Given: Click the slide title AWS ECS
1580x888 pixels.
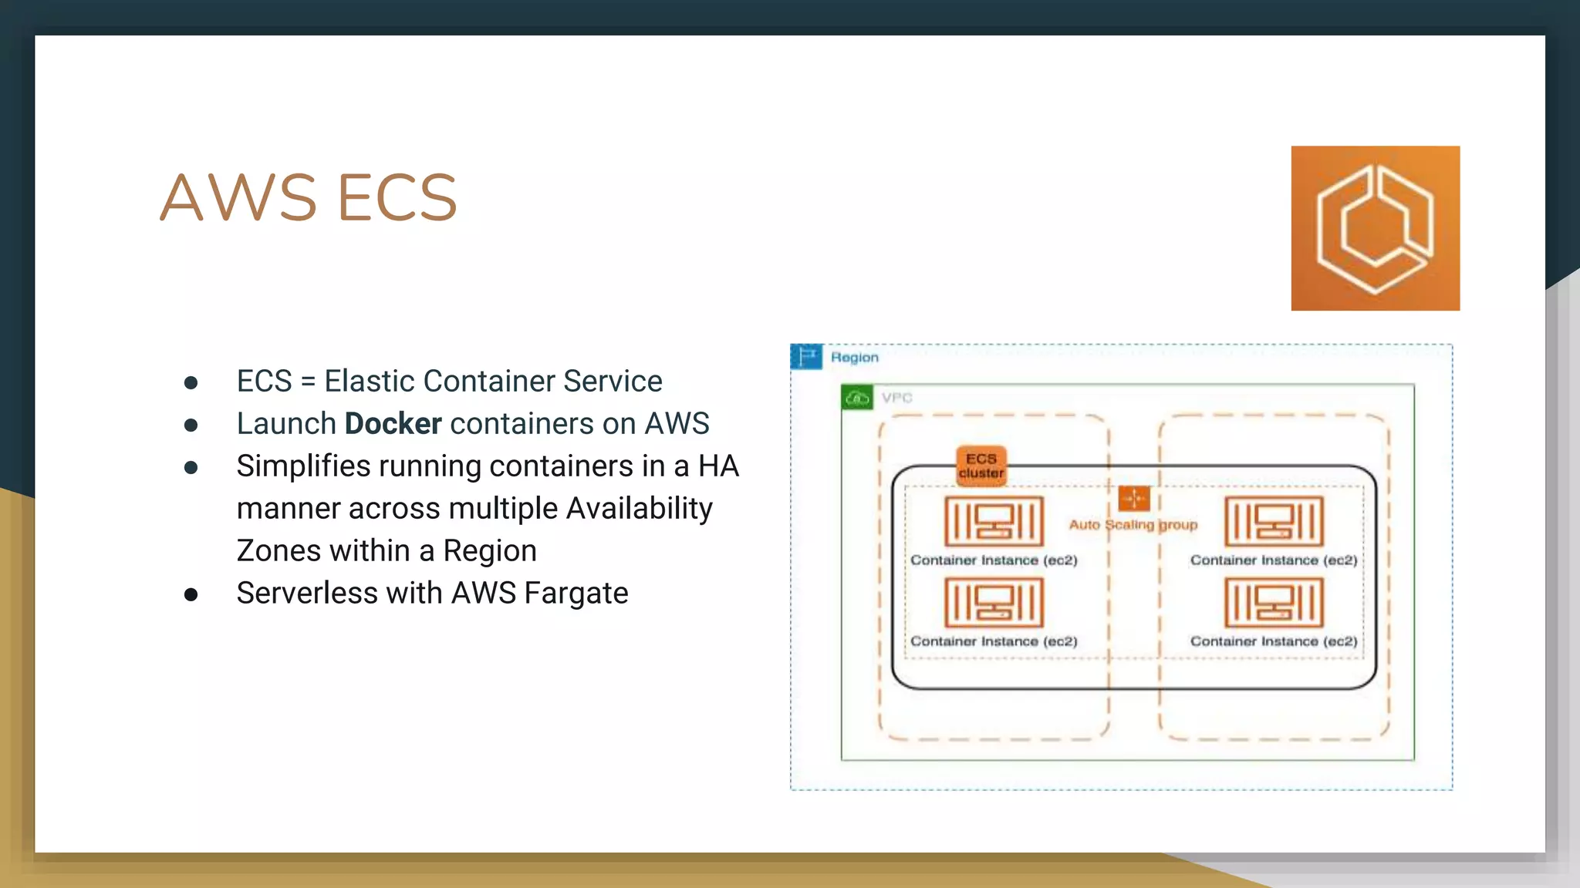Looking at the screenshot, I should pos(309,198).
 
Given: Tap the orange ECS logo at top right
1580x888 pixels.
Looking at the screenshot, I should pos(1375,228).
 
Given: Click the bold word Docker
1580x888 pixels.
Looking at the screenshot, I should pos(393,424).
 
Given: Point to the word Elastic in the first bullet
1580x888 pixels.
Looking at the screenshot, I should pos(369,382).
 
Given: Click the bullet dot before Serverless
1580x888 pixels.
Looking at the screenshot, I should pos(191,594).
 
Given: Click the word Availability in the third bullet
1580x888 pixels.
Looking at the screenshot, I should pos(639,509).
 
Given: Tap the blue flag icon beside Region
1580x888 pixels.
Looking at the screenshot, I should pos(806,357).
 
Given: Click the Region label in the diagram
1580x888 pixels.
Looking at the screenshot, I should pos(854,358).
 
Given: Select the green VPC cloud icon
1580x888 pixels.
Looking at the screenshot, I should pos(857,398).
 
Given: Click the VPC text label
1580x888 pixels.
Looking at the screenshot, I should pos(896,398).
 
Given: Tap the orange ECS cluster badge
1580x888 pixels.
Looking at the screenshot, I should pos(981,466).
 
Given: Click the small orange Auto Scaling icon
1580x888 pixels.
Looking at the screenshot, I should pos(1133,499).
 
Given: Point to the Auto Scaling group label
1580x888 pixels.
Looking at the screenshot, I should pos(1133,525).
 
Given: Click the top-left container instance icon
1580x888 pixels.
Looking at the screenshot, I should pos(994,521).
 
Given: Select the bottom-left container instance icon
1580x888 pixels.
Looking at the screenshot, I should pos(994,602).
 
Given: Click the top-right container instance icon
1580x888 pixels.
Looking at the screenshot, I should pos(1274,521).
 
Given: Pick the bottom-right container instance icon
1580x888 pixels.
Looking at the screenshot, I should pos(1274,602).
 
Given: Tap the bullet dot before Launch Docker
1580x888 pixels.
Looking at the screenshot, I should pos(191,425).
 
